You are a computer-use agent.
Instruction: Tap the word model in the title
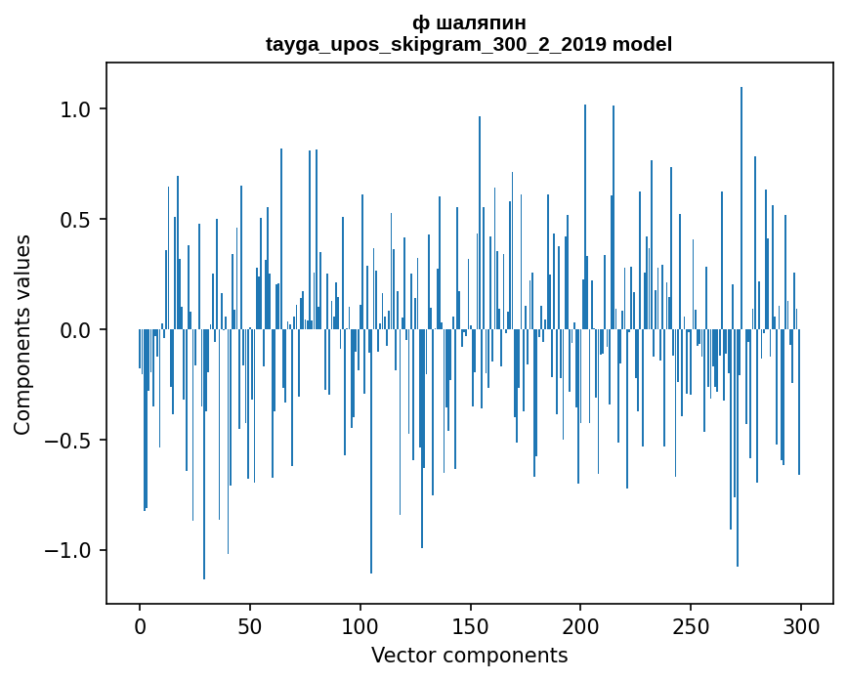643,44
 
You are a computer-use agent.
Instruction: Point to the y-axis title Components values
21,334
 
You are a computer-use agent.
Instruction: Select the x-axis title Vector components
469,655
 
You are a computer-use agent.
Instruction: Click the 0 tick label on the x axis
140,626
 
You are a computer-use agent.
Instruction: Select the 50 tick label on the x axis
250,626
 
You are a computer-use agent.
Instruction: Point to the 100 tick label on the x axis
360,626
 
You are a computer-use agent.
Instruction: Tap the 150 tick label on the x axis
470,626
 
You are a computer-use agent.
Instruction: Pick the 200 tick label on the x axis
580,626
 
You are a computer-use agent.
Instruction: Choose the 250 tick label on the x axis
691,626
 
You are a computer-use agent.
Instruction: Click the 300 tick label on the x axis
801,626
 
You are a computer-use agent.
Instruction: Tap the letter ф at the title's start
419,22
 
